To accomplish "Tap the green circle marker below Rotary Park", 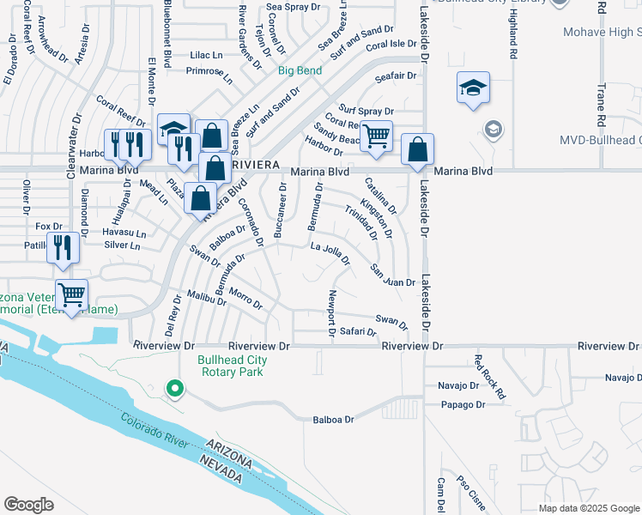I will (175, 390).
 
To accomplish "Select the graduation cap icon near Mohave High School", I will (472, 88).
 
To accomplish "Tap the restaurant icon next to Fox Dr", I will (64, 248).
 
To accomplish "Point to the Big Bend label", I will (299, 71).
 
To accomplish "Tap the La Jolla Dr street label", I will (330, 253).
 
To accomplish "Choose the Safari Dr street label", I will (353, 330).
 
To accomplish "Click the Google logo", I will (29, 505).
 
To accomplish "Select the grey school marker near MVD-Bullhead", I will (493, 130).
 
